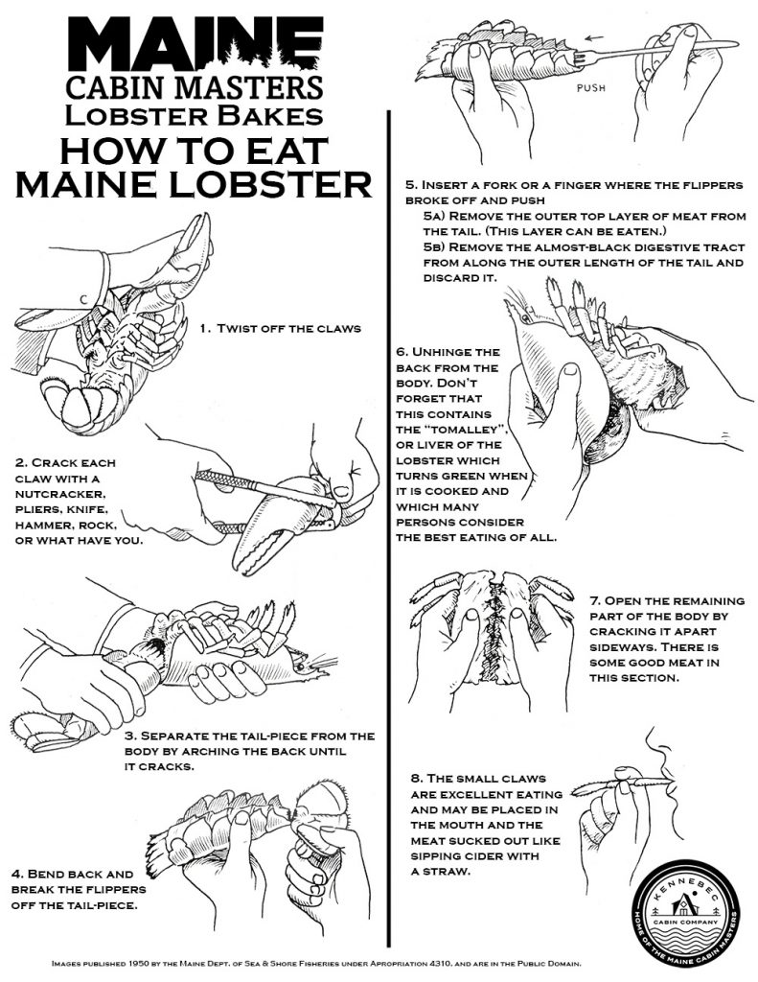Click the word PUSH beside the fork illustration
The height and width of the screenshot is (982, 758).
[x=591, y=88]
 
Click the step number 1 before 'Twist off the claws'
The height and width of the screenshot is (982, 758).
[x=204, y=328]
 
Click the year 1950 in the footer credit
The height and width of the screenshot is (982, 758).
[x=138, y=963]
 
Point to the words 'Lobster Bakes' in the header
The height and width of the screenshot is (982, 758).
[x=195, y=115]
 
